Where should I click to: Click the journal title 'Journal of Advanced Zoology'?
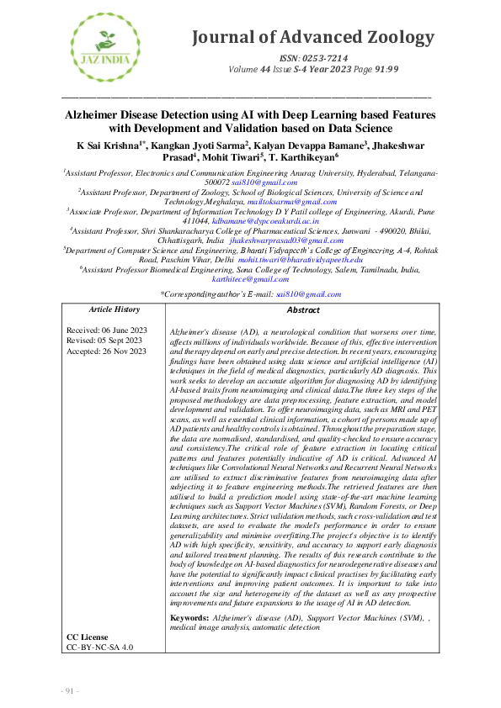tap(313, 38)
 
